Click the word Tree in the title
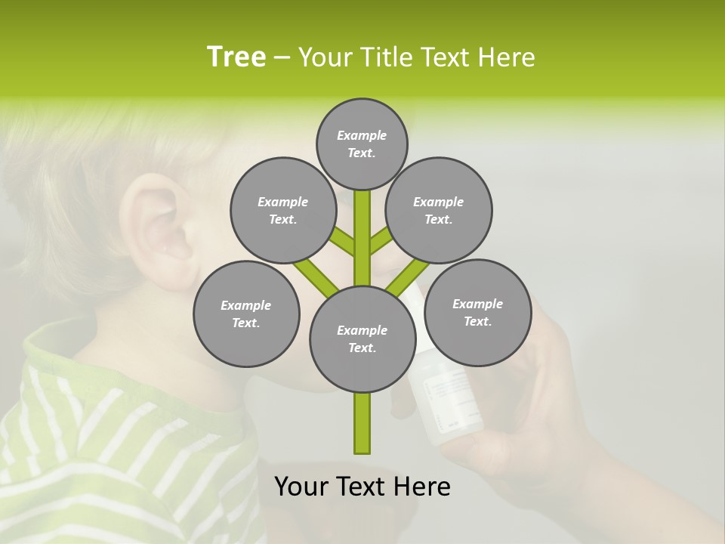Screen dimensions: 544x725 pos(236,57)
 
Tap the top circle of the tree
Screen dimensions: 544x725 pos(362,144)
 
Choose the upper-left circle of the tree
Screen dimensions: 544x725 pos(282,210)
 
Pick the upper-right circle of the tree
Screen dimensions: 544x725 pos(438,210)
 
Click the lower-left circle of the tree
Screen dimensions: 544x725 pos(246,314)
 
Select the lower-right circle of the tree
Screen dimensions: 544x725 pos(477,312)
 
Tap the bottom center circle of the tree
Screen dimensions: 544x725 pos(362,338)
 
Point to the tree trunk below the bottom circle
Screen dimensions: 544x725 pos(362,423)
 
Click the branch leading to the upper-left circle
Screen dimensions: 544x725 pos(342,242)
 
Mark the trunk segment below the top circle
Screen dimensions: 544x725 pos(362,227)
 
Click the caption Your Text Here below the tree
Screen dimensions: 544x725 pos(362,486)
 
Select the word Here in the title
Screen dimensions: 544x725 pos(507,57)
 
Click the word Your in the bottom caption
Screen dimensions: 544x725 pos(301,486)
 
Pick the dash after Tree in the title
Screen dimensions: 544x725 pos(282,57)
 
